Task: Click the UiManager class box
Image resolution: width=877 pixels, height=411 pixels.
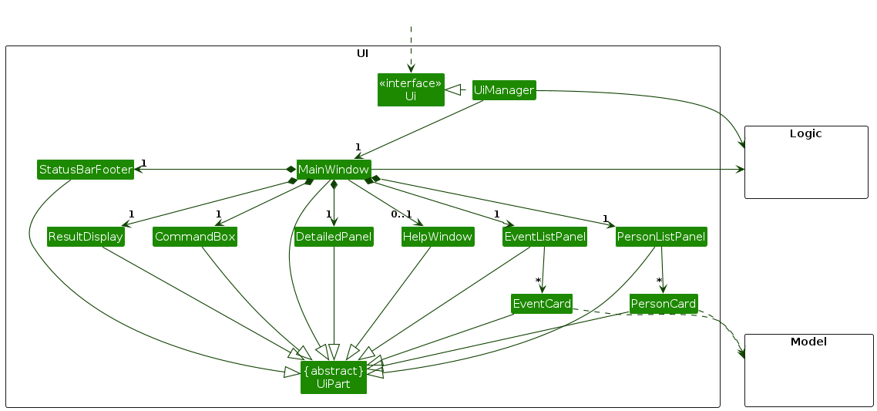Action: pyautogui.click(x=503, y=90)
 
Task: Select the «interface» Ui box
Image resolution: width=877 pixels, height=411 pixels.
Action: pyautogui.click(x=411, y=89)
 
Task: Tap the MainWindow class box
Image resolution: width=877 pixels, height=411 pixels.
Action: pyautogui.click(x=334, y=170)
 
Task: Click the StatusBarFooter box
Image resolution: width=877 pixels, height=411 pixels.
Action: pyautogui.click(x=86, y=170)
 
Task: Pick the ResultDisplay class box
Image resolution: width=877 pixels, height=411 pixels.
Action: pyautogui.click(x=86, y=237)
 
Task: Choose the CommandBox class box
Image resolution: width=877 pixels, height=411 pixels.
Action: pyautogui.click(x=194, y=237)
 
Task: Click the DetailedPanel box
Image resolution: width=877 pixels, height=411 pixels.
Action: pyautogui.click(x=334, y=237)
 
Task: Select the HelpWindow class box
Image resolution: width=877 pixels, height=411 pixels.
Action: pyautogui.click(x=437, y=237)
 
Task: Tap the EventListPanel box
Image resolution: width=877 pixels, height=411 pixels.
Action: pyautogui.click(x=544, y=237)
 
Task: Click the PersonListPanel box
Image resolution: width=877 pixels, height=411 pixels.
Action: pyautogui.click(x=661, y=237)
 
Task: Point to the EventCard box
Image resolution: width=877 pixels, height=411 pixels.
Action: pyautogui.click(x=542, y=304)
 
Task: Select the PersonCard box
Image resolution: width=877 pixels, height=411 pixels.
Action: pyautogui.click(x=664, y=304)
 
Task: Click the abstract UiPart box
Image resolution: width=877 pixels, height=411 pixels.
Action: pyautogui.click(x=334, y=377)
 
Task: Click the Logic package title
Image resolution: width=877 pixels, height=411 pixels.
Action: pyautogui.click(x=805, y=133)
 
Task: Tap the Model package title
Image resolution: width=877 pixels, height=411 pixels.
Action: pyautogui.click(x=808, y=342)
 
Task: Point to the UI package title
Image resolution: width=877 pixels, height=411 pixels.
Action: pyautogui.click(x=362, y=53)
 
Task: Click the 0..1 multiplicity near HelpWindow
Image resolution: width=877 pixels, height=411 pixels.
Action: pyautogui.click(x=401, y=214)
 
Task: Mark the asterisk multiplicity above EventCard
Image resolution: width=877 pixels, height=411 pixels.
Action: pyautogui.click(x=539, y=280)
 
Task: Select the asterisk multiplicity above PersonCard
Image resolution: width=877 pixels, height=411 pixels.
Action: pyautogui.click(x=659, y=280)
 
